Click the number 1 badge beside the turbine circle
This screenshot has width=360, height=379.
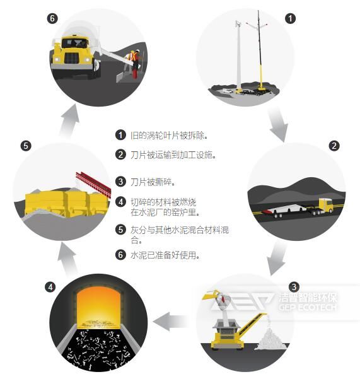(289, 18)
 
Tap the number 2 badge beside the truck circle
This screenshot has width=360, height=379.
(335, 146)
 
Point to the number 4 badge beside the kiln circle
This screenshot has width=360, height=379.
(50, 287)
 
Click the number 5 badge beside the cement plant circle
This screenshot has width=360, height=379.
(26, 146)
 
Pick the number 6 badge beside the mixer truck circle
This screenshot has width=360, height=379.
(52, 18)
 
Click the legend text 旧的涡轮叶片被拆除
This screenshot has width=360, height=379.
(169, 135)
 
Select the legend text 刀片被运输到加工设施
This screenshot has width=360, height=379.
(173, 155)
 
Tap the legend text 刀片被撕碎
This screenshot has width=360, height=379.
(151, 182)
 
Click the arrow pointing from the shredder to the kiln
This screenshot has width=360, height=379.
(172, 322)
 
